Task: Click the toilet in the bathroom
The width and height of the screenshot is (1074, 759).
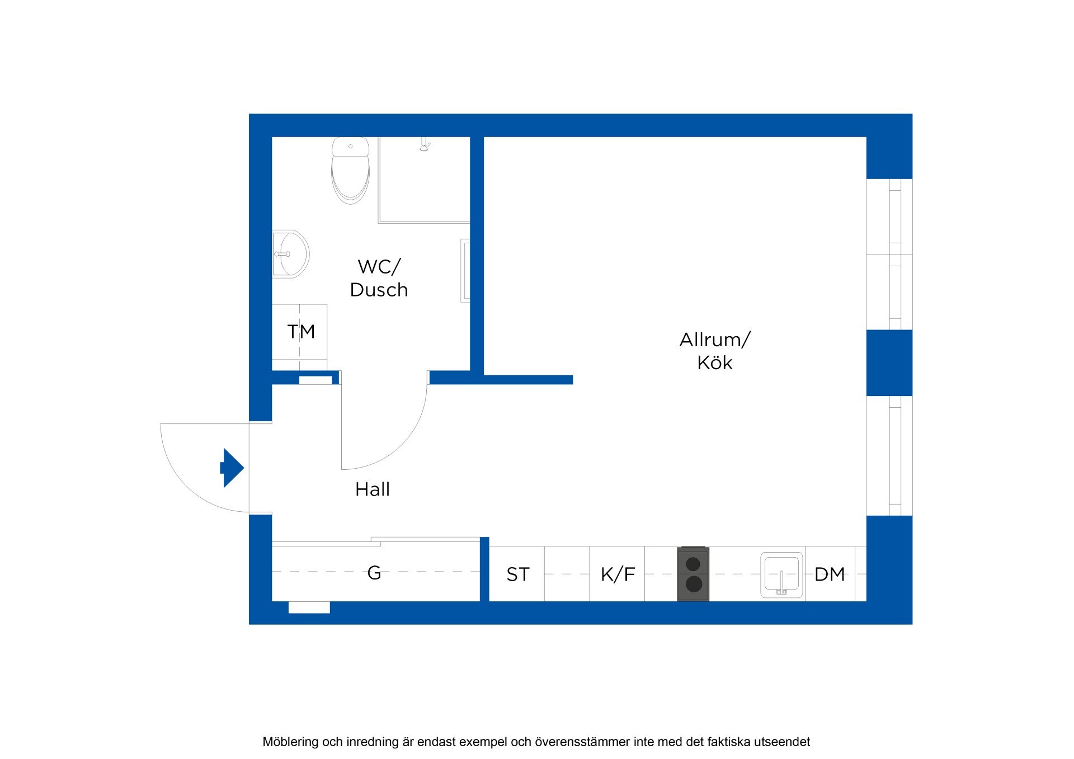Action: click(350, 170)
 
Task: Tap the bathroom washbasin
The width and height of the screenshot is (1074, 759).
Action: click(290, 254)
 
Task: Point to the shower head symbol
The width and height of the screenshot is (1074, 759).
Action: click(425, 145)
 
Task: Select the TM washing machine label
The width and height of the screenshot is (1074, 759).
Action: click(301, 332)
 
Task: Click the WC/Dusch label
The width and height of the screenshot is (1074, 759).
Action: click(379, 278)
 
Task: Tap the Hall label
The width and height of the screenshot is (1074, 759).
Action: click(373, 489)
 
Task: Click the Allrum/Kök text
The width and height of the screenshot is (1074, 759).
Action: click(715, 351)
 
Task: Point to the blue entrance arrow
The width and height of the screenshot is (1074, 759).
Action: click(232, 468)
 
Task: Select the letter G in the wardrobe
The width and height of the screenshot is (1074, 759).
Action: click(374, 573)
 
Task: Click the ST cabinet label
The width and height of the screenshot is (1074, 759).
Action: click(517, 574)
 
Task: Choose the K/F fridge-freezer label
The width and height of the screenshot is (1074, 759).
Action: click(618, 574)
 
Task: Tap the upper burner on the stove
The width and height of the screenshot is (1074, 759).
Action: click(693, 564)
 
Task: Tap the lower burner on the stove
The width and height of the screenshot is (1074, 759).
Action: click(694, 584)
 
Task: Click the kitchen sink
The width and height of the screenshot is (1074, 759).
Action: click(781, 575)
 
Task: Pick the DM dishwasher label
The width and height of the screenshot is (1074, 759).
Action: click(830, 574)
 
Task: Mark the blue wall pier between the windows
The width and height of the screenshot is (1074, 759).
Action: click(889, 362)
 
